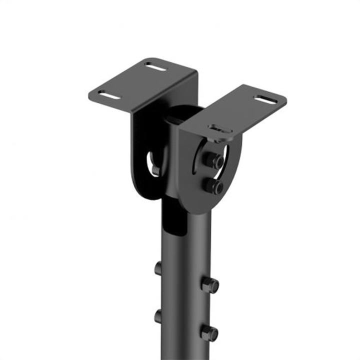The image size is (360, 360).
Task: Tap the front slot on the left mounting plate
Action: [x=109, y=94]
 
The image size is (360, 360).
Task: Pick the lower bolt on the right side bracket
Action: [x=213, y=186]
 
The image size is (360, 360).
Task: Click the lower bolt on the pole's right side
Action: [x=209, y=332]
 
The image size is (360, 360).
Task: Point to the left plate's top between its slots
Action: [x=133, y=80]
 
